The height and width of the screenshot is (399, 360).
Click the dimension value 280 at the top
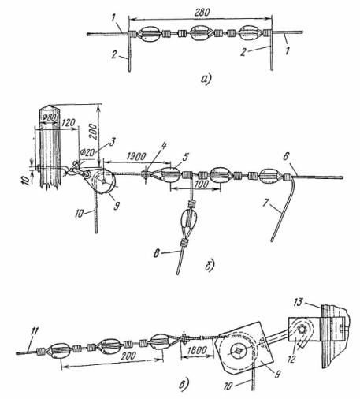point(202,13)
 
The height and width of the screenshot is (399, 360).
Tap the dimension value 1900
point(136,156)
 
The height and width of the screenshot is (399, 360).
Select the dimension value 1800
point(198,350)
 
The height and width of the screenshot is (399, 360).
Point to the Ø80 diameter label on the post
point(50,117)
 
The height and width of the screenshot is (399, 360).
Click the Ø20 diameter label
point(87,152)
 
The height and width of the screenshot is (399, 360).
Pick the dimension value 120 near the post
point(68,122)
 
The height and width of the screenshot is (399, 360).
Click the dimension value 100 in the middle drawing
point(201,184)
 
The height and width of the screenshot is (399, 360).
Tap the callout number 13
point(298,302)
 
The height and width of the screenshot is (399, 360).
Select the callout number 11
point(34,332)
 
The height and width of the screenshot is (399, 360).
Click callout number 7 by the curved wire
point(265,203)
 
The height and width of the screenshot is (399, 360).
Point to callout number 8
point(157,254)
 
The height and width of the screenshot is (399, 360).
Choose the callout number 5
point(185,157)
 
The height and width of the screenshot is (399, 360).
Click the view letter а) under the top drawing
point(206,79)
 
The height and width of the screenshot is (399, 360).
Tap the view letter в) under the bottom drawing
point(184,384)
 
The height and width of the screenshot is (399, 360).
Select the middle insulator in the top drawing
point(200,33)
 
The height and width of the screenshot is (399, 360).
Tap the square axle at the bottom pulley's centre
point(239,351)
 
